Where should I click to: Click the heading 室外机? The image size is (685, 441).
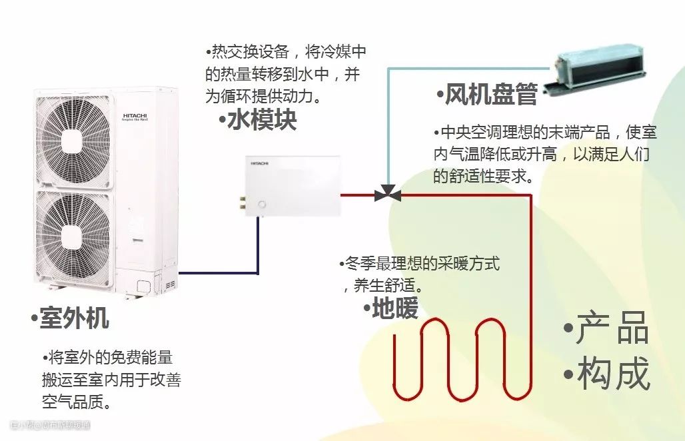74,318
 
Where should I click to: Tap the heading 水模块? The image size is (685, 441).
261,121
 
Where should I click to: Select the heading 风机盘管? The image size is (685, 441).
490,95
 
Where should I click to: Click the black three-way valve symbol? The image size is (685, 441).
387,195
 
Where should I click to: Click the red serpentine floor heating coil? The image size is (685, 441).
460,360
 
